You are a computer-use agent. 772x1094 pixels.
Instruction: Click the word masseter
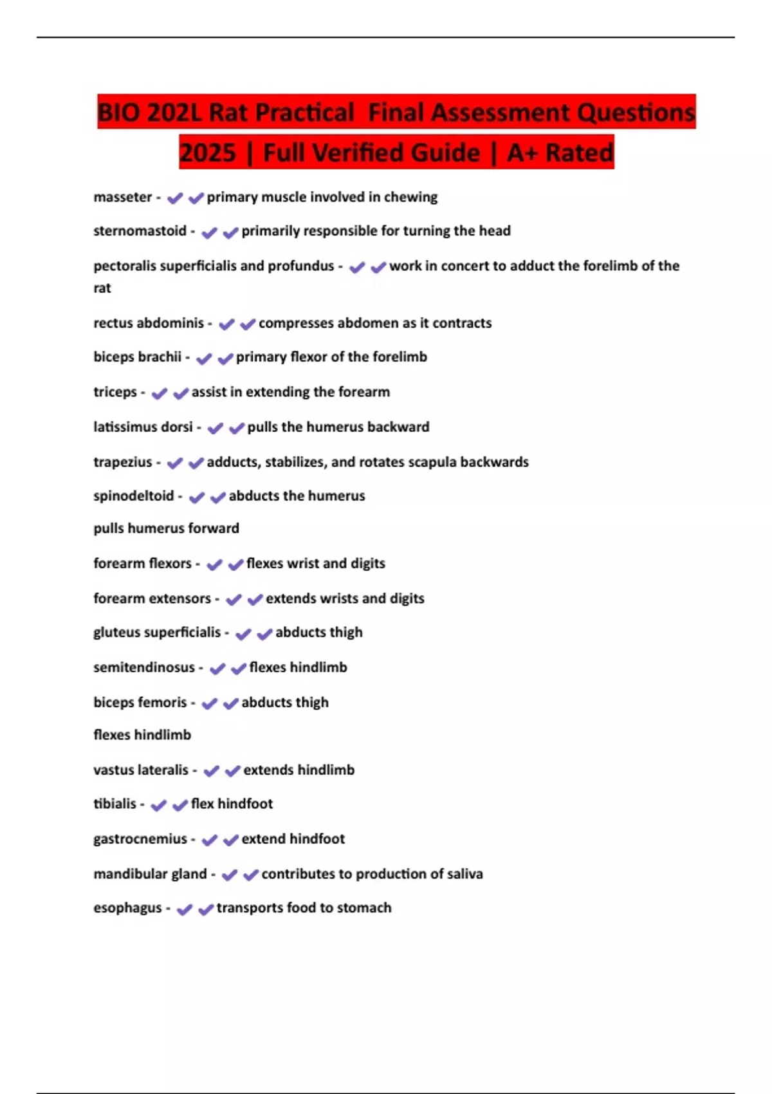122,197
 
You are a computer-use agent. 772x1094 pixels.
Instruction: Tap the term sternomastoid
140,231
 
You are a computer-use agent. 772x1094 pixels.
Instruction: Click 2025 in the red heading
208,153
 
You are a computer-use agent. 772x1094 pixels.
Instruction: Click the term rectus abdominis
149,323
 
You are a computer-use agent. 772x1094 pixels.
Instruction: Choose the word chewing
410,197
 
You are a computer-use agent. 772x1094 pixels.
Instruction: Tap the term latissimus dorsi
143,427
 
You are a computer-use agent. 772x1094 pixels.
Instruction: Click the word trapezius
122,462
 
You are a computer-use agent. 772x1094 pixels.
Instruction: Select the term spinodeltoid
133,496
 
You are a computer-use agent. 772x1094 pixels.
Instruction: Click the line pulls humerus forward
166,528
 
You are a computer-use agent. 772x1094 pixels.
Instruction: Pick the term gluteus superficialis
157,633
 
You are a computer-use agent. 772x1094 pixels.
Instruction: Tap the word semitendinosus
143,667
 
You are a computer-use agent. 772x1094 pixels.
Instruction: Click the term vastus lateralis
141,770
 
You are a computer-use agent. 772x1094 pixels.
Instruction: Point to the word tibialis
115,804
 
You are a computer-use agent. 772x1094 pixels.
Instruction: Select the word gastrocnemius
140,839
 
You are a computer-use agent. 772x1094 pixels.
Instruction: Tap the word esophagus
127,908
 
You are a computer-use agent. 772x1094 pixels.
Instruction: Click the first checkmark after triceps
159,393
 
